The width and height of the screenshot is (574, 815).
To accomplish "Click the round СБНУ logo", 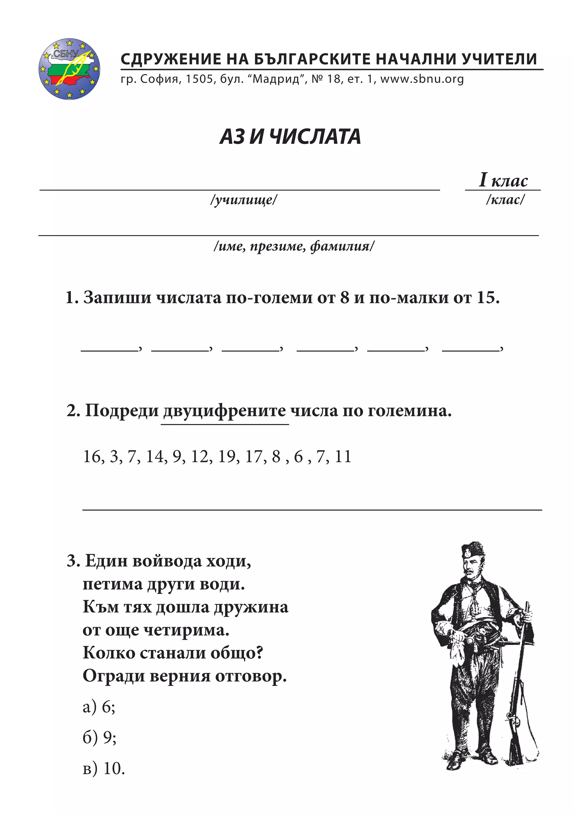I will [x=69, y=69].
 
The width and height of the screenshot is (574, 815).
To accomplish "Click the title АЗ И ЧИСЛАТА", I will [x=290, y=137].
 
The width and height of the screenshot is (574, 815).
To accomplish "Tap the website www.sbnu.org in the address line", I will [x=422, y=79].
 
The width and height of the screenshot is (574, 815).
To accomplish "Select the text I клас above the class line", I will [x=503, y=180].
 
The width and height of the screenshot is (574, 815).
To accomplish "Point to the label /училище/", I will [x=244, y=200].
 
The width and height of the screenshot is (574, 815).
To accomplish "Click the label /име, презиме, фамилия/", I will [x=294, y=246].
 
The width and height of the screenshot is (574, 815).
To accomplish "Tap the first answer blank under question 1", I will [x=110, y=348].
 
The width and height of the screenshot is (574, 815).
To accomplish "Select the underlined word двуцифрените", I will [x=224, y=411].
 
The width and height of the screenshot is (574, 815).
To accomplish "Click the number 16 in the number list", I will [x=92, y=457].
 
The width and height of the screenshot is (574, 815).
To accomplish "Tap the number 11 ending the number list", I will [x=343, y=457].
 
